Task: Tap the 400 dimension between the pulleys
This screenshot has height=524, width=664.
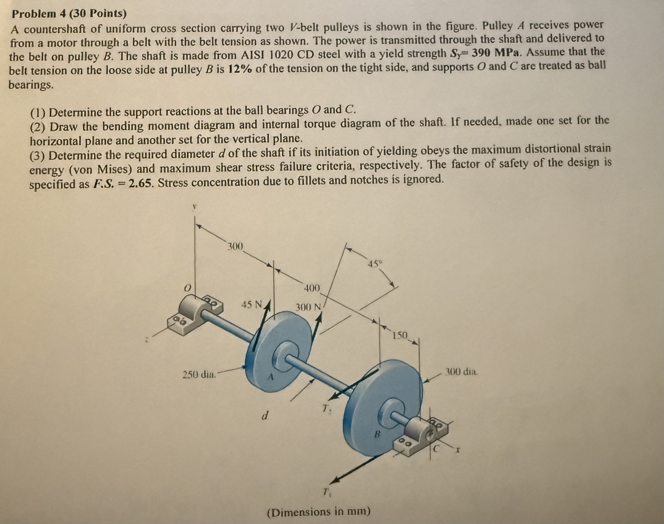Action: pos(312,288)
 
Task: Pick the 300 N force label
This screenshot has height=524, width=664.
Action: pos(308,307)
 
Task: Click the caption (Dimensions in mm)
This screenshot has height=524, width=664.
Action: pos(319,512)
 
